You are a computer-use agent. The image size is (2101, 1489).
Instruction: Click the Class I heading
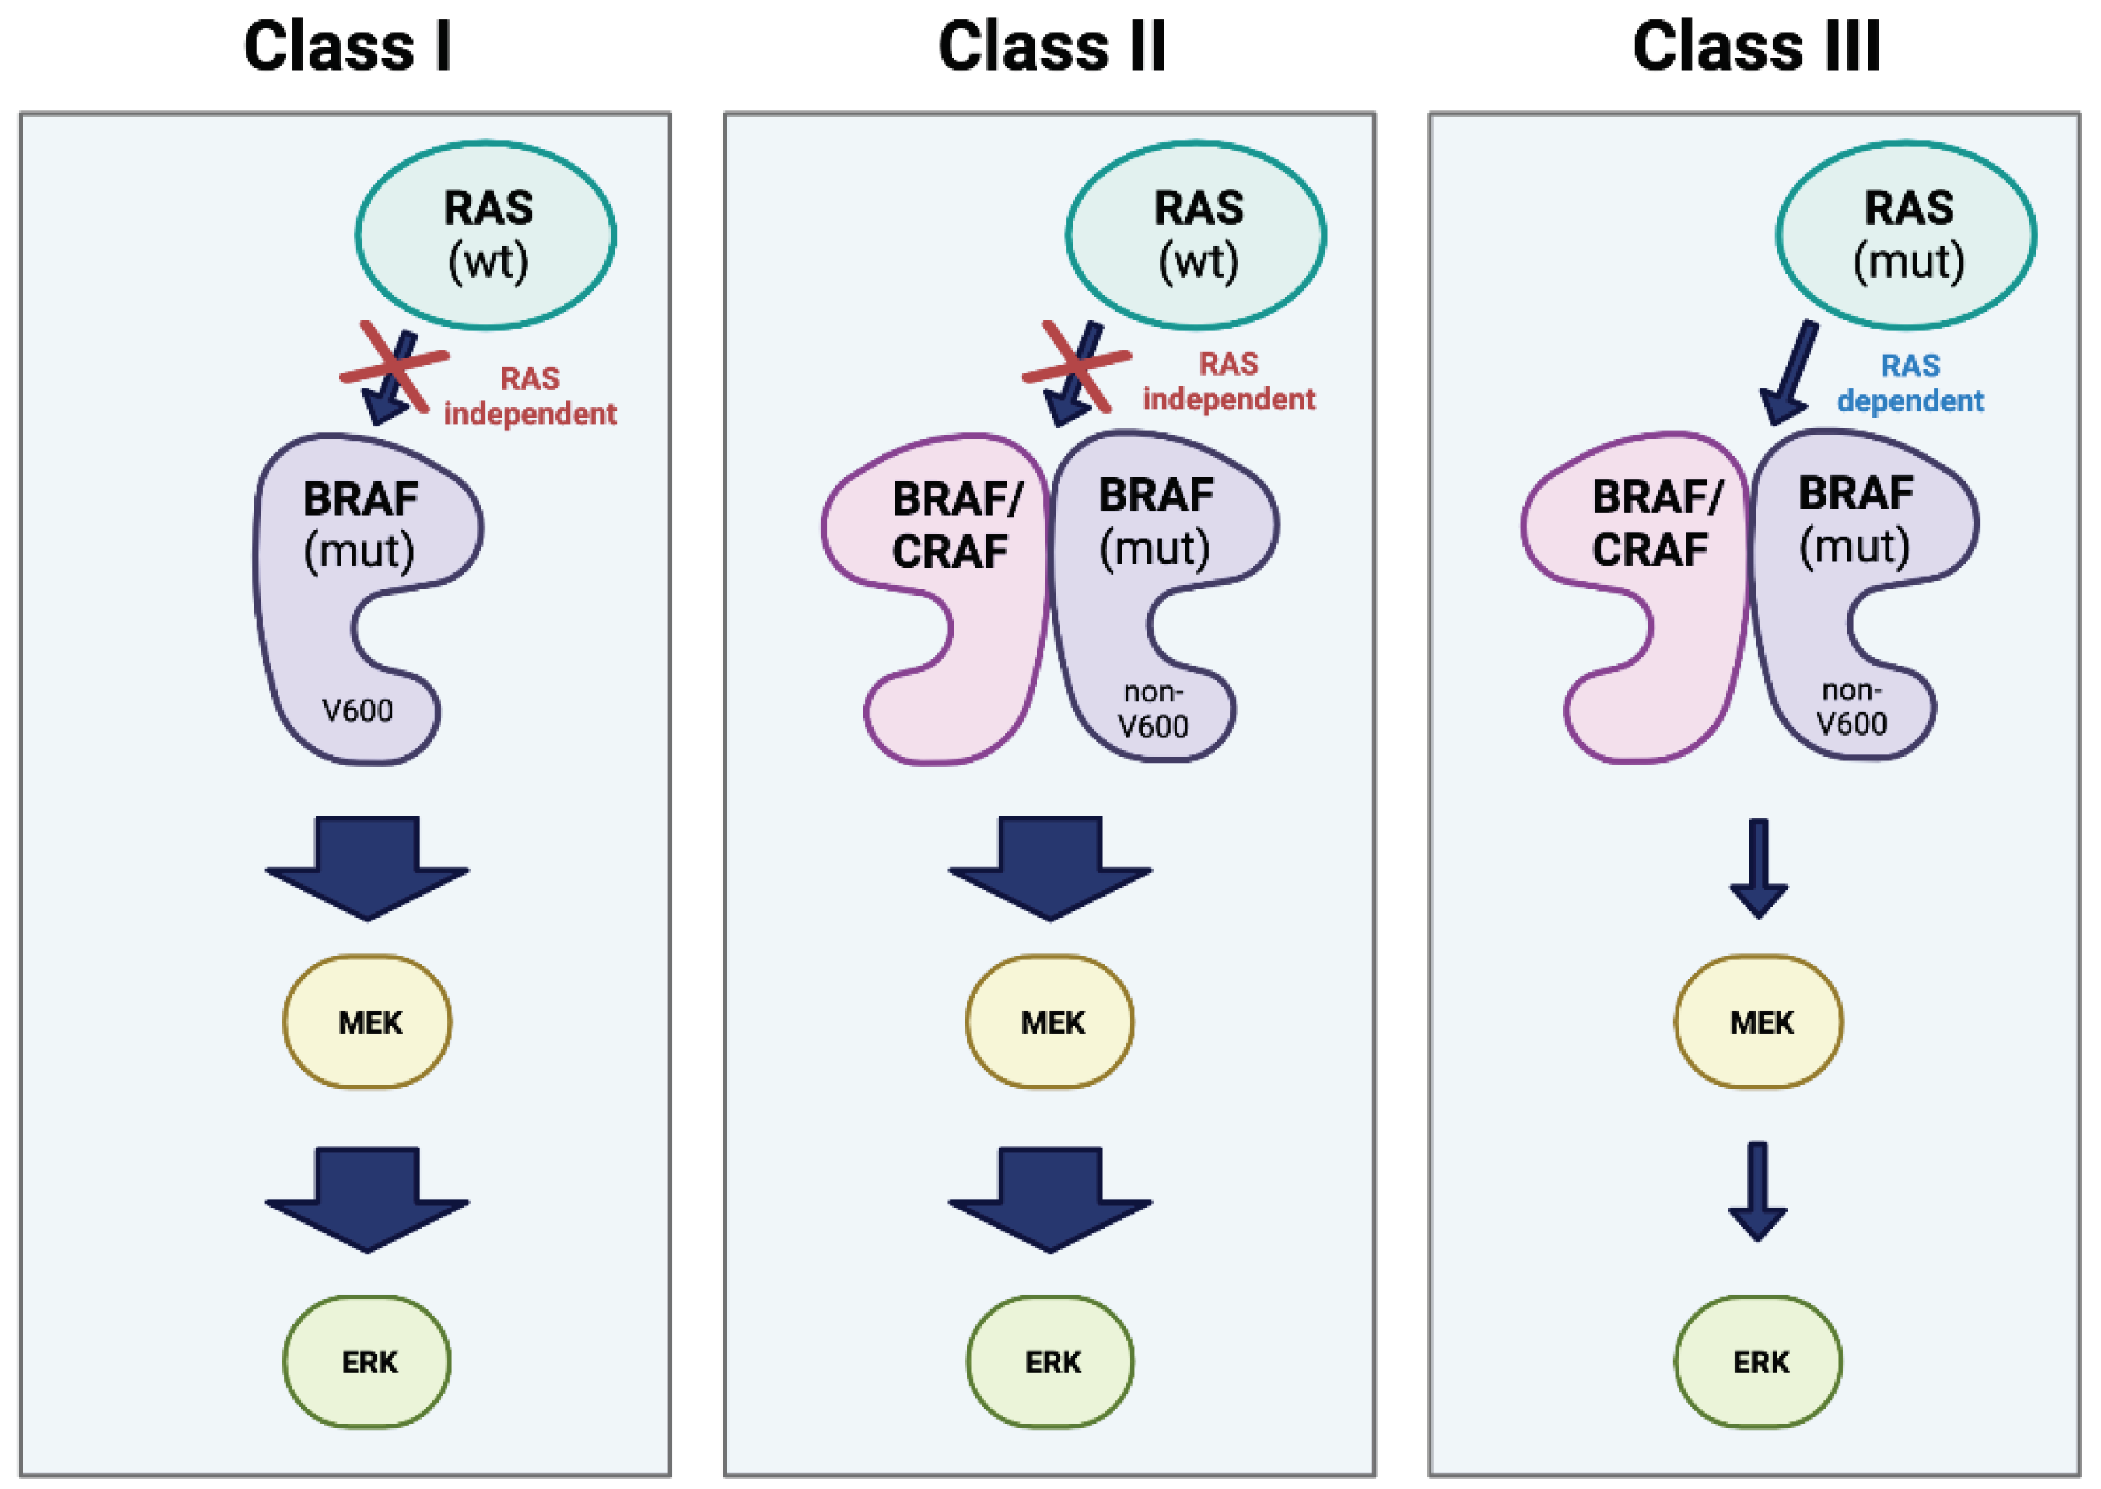click(347, 47)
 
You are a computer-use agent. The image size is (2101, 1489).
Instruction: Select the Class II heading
click(1052, 47)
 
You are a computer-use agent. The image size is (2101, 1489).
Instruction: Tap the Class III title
click(1756, 47)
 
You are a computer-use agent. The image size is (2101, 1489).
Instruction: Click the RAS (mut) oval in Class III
click(1907, 235)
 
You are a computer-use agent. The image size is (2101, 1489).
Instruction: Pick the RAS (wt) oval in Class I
click(486, 235)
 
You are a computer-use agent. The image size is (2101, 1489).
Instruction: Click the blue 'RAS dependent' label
click(1910, 383)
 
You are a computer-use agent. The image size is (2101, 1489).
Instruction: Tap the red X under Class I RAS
click(394, 367)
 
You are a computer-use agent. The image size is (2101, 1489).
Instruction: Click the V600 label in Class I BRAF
click(358, 711)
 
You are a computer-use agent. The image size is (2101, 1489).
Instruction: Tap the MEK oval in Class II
click(1050, 1022)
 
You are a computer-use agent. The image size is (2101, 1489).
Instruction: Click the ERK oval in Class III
click(1758, 1361)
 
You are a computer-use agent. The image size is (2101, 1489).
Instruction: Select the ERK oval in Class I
click(367, 1361)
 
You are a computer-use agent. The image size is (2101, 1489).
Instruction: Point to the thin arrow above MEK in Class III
click(1758, 866)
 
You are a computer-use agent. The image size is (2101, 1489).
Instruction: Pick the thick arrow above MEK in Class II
click(1050, 866)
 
